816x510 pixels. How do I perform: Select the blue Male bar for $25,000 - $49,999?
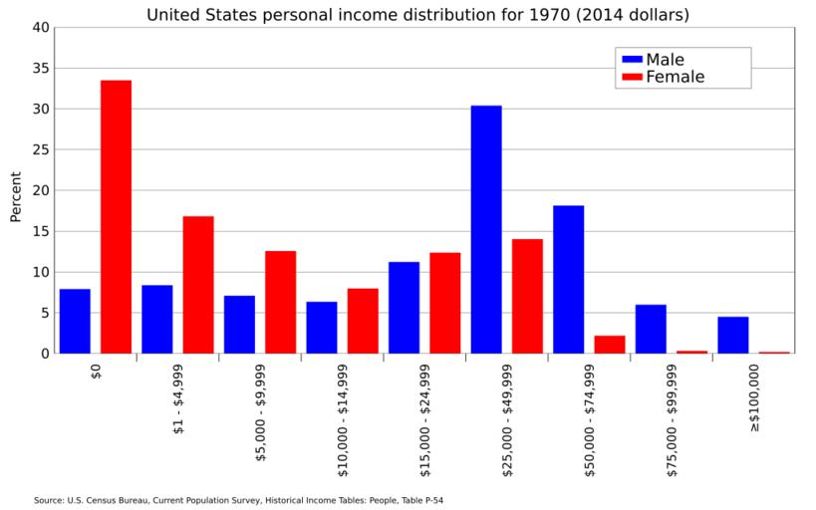486,229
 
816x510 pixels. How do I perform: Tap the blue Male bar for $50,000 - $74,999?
568,279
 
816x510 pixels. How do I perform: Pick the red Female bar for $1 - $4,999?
198,285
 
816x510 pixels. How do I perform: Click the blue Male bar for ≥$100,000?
733,335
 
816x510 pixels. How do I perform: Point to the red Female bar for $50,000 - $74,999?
610,344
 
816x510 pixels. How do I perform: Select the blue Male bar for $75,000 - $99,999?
651,329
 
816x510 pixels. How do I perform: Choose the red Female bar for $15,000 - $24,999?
445,303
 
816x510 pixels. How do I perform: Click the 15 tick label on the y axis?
41,231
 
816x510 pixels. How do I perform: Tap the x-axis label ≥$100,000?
754,397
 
